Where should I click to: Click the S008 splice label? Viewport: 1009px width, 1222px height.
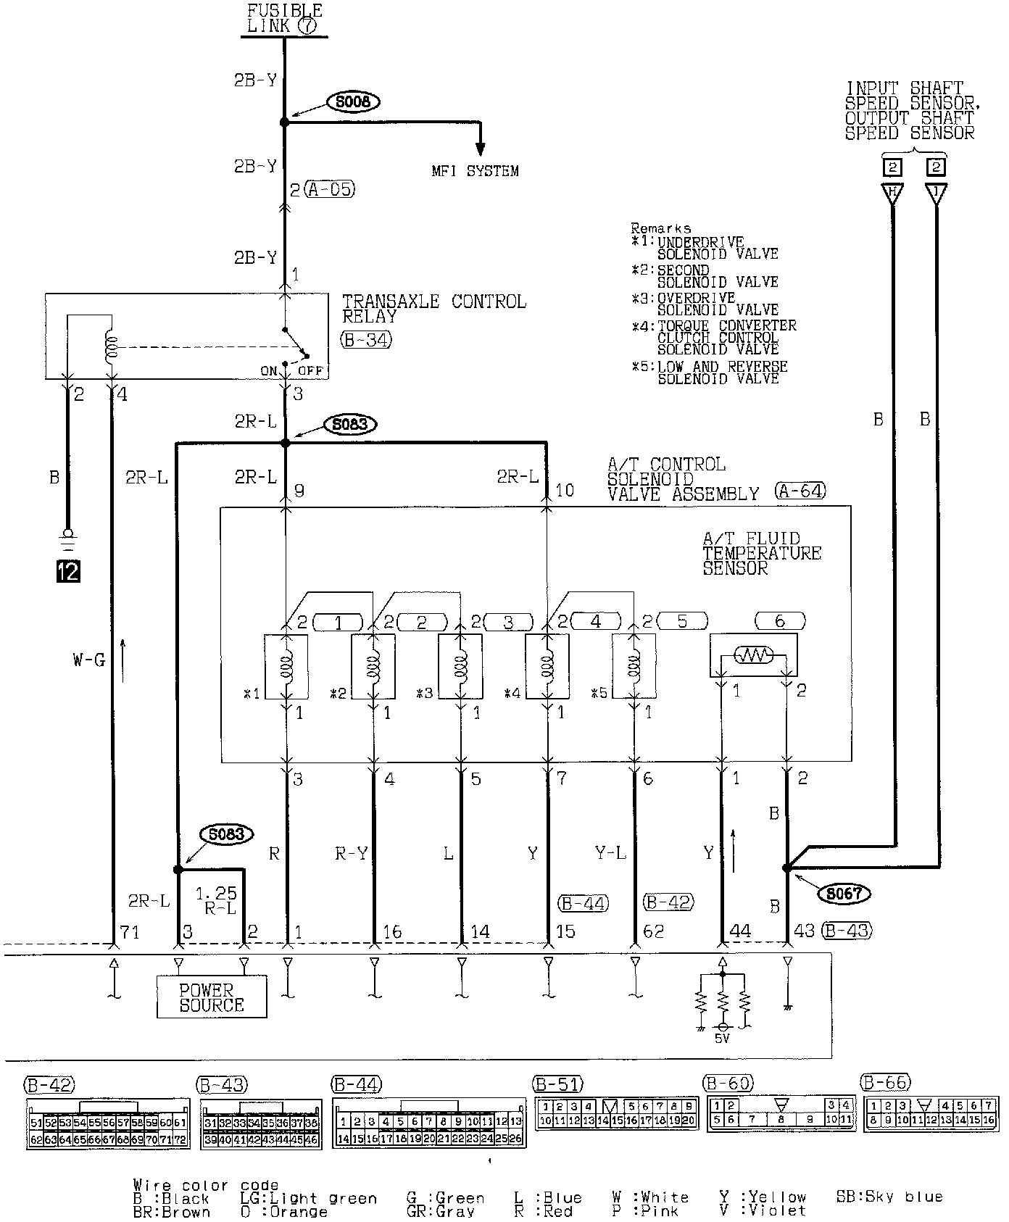point(353,102)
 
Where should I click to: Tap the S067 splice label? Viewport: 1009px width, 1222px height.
point(843,894)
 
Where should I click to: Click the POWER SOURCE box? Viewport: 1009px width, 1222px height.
point(212,997)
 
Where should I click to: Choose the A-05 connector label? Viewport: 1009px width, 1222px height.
point(331,190)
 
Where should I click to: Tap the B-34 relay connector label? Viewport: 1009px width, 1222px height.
point(366,338)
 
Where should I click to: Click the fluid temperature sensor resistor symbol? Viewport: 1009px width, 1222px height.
point(754,656)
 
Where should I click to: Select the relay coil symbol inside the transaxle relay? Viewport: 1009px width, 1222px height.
point(111,349)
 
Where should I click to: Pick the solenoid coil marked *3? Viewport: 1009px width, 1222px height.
point(461,666)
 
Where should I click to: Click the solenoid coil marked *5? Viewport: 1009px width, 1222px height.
point(635,666)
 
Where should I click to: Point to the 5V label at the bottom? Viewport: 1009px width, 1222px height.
point(722,1039)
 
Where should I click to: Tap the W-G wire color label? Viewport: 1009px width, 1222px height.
point(88,660)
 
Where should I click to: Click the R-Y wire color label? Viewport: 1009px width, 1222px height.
point(351,854)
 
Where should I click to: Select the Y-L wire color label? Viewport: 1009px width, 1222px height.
point(610,854)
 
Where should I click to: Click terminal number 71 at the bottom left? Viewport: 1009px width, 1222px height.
point(129,931)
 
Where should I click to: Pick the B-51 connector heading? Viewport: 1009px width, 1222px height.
point(557,1084)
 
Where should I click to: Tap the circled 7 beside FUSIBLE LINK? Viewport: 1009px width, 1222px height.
point(306,26)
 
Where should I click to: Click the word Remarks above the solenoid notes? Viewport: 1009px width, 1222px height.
point(660,228)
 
